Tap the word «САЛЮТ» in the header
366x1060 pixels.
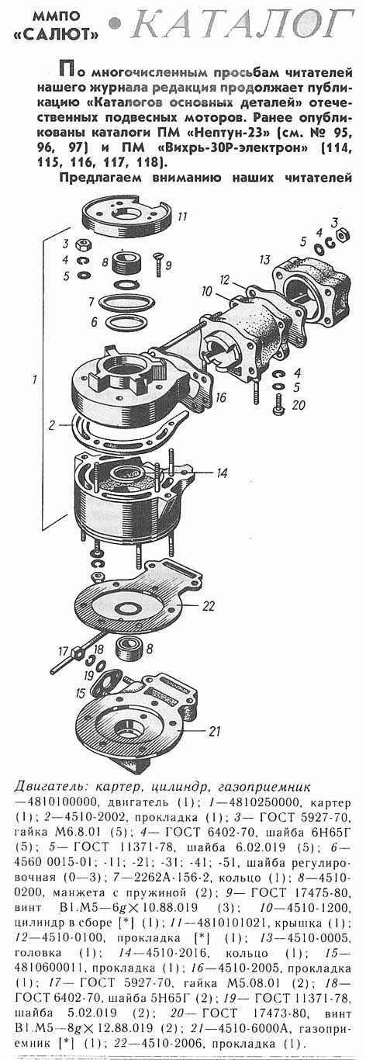click(x=61, y=33)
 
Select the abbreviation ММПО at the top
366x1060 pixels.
click(x=61, y=16)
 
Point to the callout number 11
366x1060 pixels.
click(x=182, y=217)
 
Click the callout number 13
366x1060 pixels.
click(x=264, y=259)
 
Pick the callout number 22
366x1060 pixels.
click(x=209, y=606)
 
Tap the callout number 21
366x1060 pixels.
click(x=214, y=731)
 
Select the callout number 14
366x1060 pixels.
click(x=222, y=473)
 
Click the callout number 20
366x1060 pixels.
click(x=299, y=405)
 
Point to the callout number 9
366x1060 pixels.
click(x=169, y=265)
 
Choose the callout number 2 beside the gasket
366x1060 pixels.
click(x=51, y=424)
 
